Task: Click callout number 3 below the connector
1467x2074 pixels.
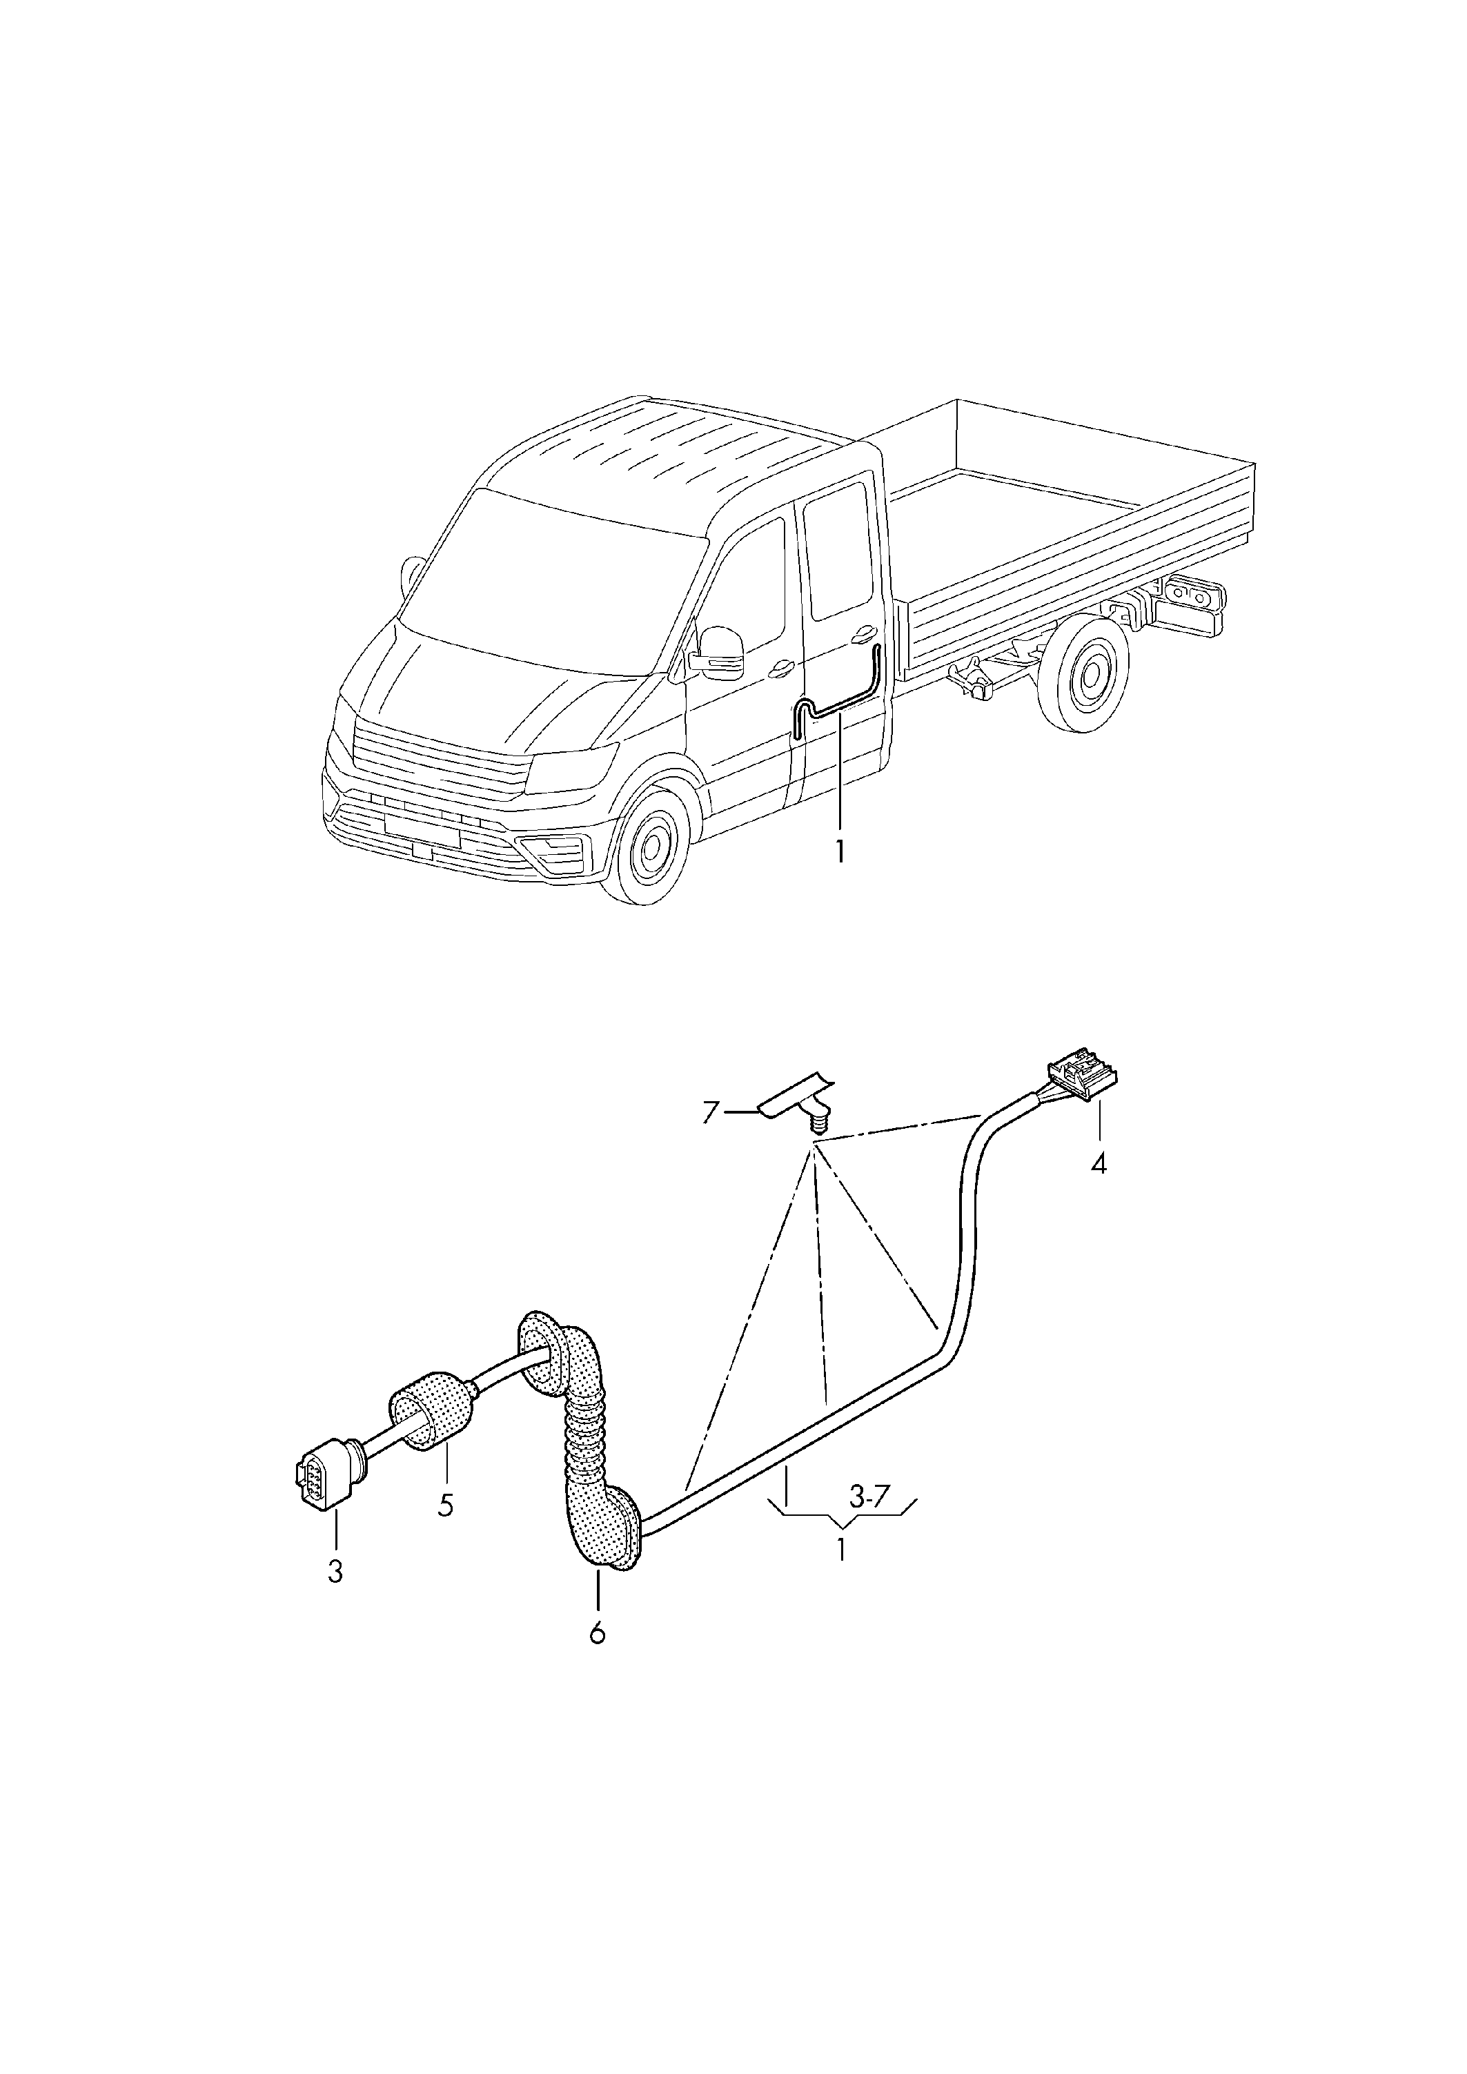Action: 335,1572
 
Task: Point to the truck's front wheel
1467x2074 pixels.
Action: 649,848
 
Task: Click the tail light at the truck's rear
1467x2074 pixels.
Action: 1195,597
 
